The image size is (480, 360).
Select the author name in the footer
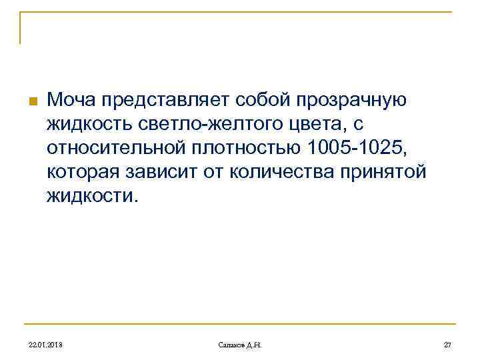[240, 344]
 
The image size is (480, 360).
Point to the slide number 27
[447, 344]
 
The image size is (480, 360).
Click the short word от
[215, 171]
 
